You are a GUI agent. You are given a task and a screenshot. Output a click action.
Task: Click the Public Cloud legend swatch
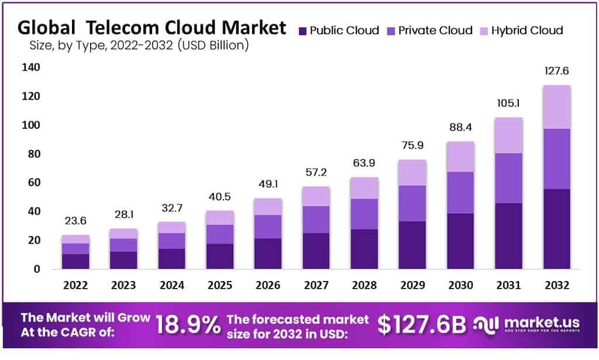(302, 30)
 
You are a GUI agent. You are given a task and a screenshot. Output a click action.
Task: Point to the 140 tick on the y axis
(32, 67)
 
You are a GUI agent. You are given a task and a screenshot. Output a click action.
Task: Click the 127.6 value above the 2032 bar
(556, 71)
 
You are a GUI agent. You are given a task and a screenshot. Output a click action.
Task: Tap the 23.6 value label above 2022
(75, 221)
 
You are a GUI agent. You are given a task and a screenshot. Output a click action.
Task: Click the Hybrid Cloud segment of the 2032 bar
(556, 107)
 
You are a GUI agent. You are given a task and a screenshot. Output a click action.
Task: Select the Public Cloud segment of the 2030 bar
(460, 241)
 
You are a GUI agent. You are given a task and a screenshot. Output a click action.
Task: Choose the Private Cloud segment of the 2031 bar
(508, 178)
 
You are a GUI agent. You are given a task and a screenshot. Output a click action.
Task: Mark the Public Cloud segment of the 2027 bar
(316, 251)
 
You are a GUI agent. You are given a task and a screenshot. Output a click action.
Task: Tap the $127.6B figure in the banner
(421, 325)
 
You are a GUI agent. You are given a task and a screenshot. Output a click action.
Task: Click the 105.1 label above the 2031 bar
(508, 104)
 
